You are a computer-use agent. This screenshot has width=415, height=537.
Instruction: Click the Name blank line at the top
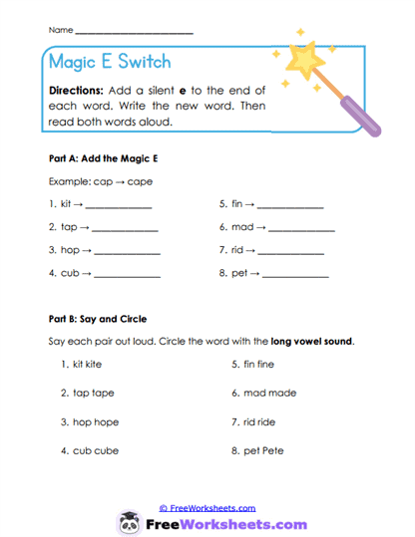134,32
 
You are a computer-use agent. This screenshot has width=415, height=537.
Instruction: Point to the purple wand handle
367,112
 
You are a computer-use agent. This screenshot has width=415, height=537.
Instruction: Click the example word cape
128,182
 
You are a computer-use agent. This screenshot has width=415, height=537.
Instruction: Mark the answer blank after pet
295,274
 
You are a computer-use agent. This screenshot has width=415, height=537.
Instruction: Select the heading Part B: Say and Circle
98,319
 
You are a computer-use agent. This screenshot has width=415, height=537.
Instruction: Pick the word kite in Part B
96,365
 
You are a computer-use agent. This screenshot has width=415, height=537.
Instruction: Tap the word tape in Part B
103,393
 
